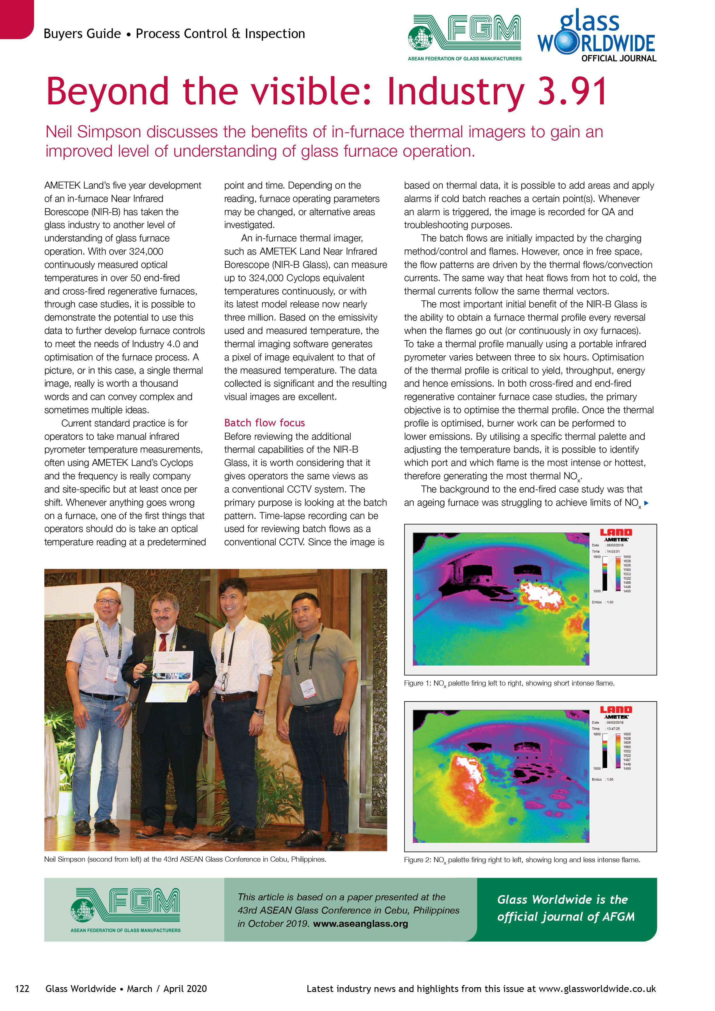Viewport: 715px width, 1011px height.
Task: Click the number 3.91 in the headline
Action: tap(572, 92)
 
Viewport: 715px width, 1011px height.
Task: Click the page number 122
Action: tap(22, 989)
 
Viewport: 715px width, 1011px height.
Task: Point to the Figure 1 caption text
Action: tap(509, 684)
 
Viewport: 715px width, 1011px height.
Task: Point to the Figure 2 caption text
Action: tap(522, 860)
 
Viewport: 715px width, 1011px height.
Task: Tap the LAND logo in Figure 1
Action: tap(616, 532)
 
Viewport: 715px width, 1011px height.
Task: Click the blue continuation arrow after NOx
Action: tap(646, 503)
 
